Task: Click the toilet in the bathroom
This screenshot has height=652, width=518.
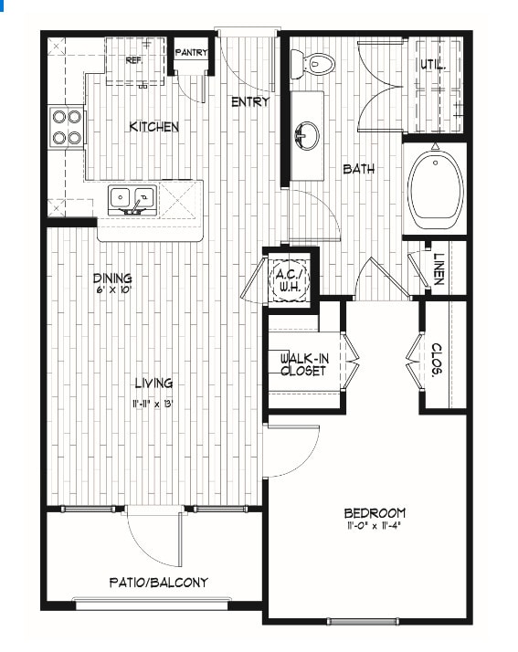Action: pyautogui.click(x=312, y=65)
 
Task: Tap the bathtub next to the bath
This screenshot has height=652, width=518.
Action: pyautogui.click(x=435, y=189)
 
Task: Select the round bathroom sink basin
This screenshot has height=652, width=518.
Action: pyautogui.click(x=307, y=135)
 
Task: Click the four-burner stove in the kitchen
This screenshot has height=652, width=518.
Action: pyautogui.click(x=67, y=127)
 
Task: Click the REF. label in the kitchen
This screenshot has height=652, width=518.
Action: pyautogui.click(x=134, y=60)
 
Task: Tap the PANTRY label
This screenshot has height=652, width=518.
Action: pyautogui.click(x=191, y=53)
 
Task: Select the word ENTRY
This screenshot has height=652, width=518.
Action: pyautogui.click(x=250, y=102)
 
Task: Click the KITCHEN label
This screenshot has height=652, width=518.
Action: pyautogui.click(x=154, y=127)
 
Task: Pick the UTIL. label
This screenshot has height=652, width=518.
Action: pyautogui.click(x=434, y=65)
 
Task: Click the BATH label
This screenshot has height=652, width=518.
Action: pyautogui.click(x=359, y=169)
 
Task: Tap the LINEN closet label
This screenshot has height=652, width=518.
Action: pyautogui.click(x=439, y=269)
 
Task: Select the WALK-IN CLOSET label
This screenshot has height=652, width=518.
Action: pyautogui.click(x=304, y=364)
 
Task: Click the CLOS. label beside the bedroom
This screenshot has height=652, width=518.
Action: pyautogui.click(x=437, y=360)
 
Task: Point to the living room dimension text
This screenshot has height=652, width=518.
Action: pyautogui.click(x=153, y=404)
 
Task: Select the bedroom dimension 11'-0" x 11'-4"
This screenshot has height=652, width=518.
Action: pyautogui.click(x=375, y=526)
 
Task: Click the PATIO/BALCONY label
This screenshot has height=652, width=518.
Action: pyautogui.click(x=159, y=583)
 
